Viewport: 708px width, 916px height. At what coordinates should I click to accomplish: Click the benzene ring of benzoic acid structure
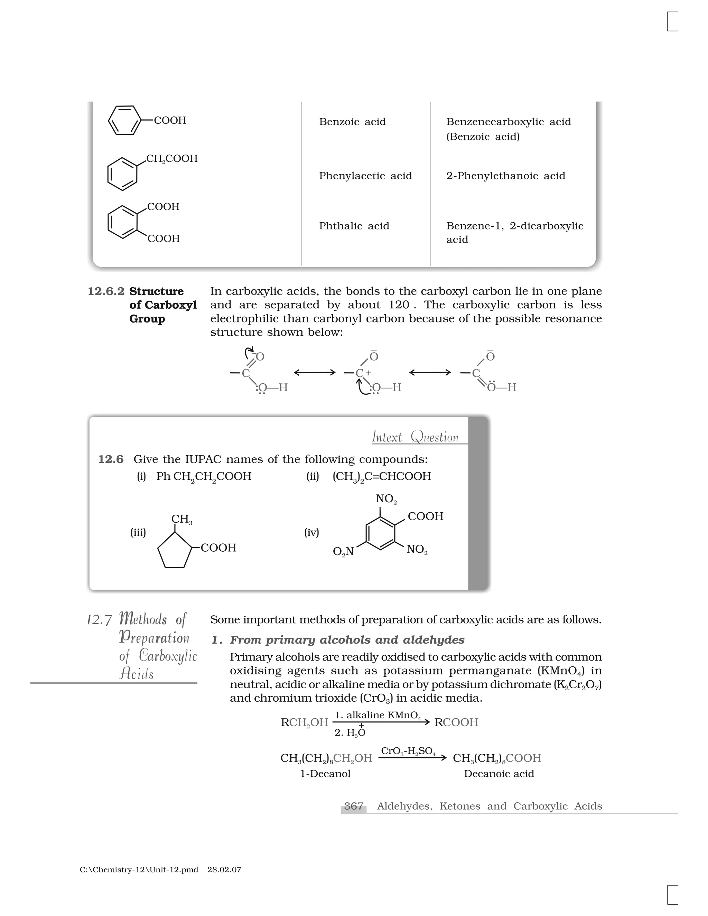[124, 120]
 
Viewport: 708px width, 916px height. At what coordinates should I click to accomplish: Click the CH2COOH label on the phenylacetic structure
[171, 159]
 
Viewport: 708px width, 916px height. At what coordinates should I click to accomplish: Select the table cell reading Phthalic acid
[354, 226]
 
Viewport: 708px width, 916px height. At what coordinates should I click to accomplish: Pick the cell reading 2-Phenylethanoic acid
[505, 176]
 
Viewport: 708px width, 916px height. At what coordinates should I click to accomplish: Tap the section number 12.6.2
[106, 291]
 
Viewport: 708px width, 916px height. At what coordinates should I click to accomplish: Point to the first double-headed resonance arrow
[315, 372]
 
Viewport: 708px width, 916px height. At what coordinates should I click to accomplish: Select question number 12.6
[111, 459]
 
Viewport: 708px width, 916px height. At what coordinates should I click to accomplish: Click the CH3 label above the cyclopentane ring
[181, 519]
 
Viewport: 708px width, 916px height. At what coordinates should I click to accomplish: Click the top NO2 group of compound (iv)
[386, 499]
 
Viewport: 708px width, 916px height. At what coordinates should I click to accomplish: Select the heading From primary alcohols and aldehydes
[347, 640]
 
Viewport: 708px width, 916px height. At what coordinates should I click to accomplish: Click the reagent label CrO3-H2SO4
[408, 751]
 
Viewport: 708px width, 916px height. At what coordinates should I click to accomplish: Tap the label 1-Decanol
[325, 774]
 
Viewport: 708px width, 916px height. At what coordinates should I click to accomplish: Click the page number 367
[354, 806]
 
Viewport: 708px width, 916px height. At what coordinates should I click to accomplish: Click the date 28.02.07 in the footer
[224, 870]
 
